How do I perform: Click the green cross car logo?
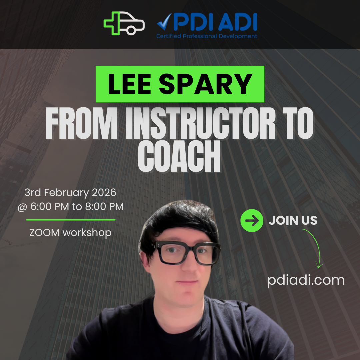124,23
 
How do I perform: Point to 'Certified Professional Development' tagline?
207,36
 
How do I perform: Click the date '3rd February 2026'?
70,192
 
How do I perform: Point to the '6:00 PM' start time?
50,207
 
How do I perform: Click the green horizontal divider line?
71,220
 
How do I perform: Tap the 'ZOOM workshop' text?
70,232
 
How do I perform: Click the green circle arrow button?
252,221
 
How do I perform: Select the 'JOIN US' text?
293,221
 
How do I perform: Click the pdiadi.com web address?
306,280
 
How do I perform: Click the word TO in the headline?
297,126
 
